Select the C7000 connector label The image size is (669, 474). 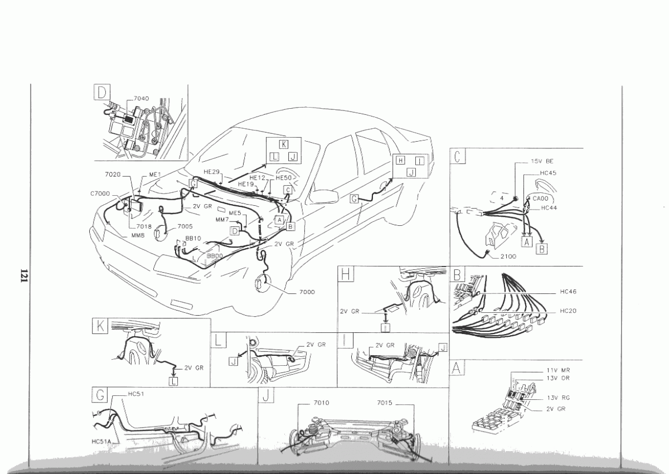[x=100, y=194]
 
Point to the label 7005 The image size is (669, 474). [x=185, y=226]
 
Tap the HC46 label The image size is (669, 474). [x=569, y=292]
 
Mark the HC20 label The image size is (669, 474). [x=569, y=310]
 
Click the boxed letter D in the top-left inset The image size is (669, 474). [x=102, y=93]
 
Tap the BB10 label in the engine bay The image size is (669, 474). [x=193, y=238]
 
